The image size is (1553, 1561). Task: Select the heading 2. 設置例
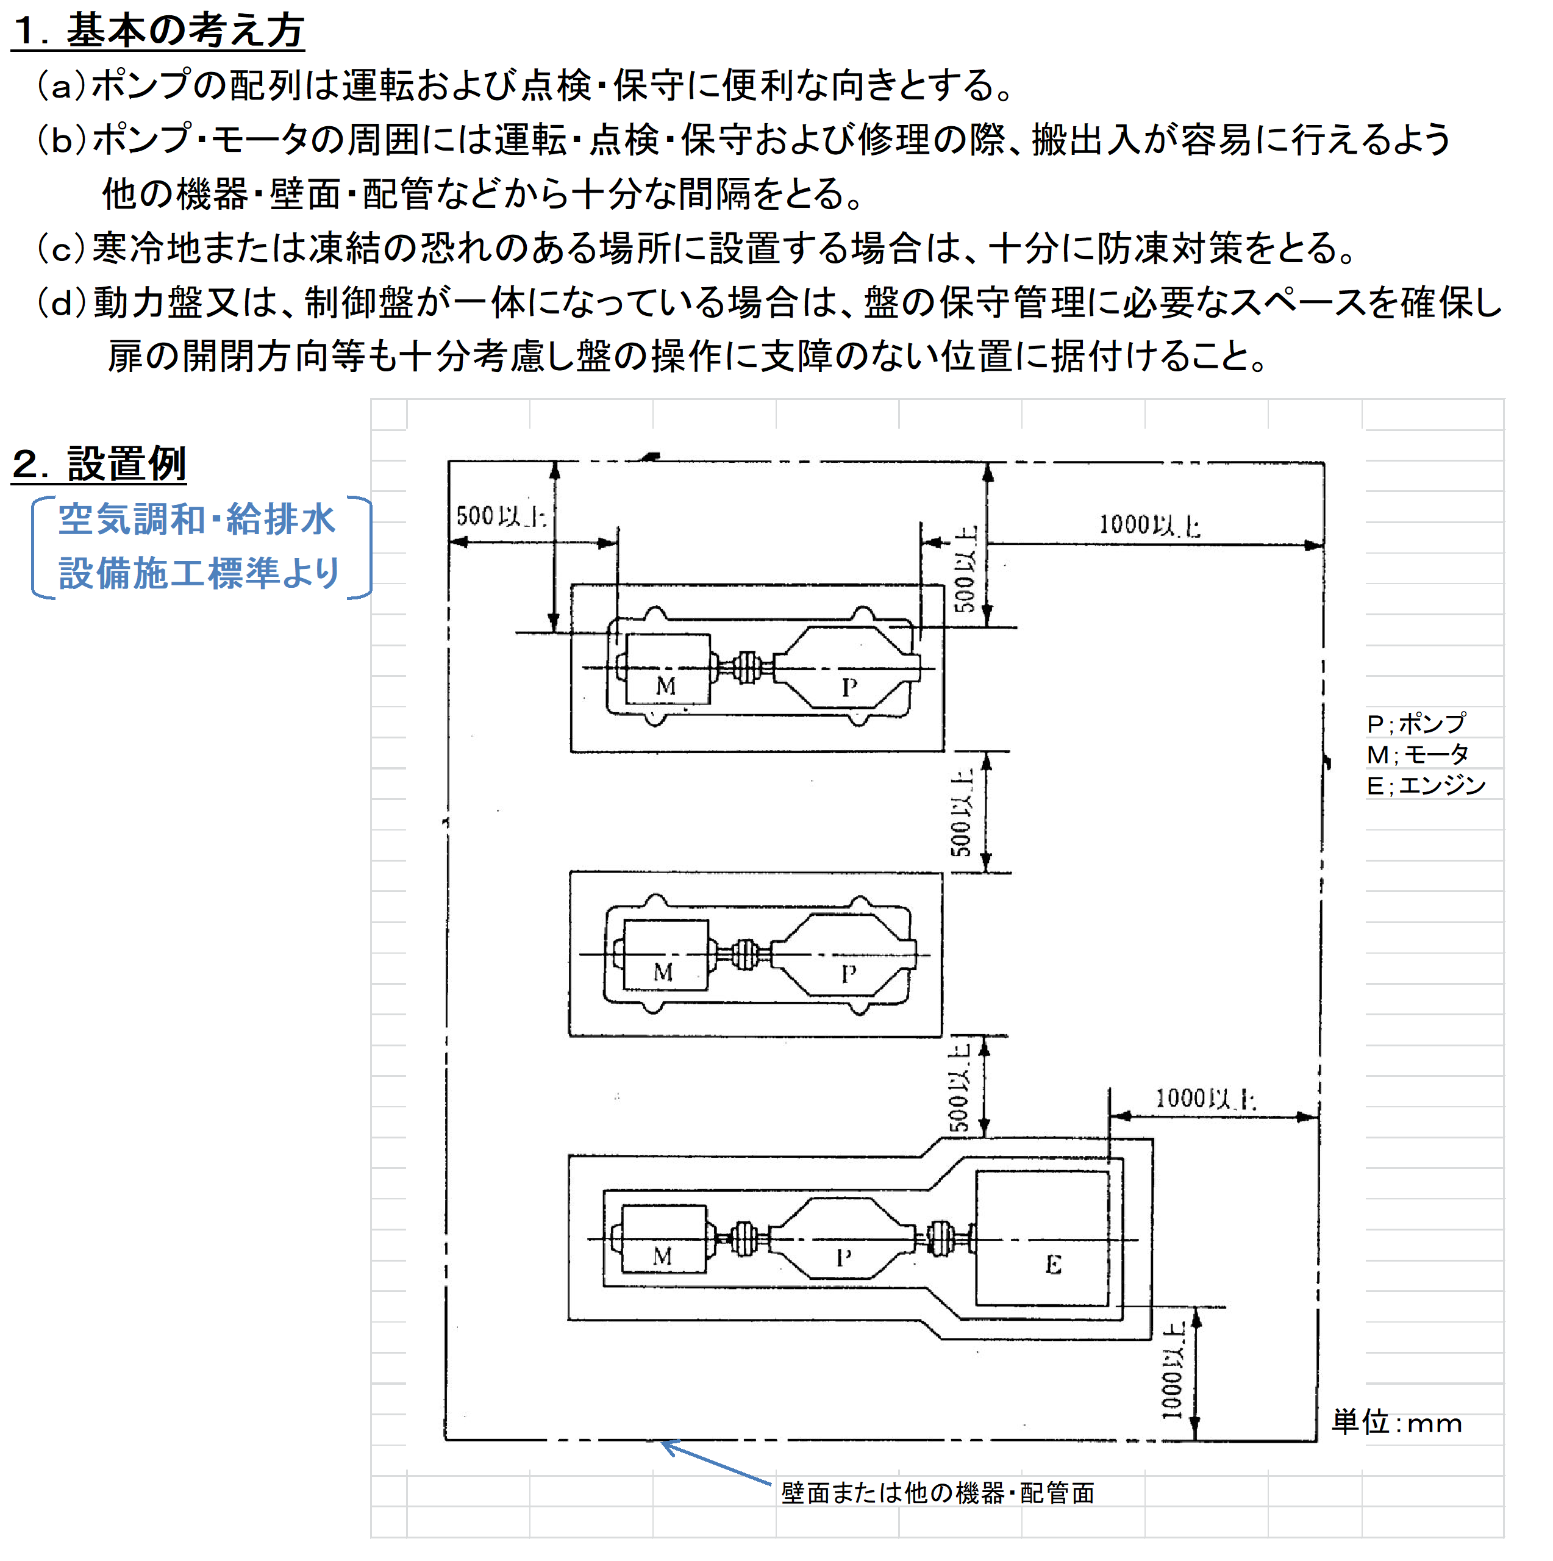(x=99, y=464)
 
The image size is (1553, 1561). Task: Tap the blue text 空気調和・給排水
(x=196, y=519)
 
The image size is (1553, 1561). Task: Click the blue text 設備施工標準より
(x=199, y=573)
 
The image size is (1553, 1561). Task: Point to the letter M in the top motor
(x=665, y=686)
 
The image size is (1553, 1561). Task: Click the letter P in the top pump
(x=848, y=688)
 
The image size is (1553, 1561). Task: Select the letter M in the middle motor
(x=663, y=972)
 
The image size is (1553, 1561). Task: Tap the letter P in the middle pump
(x=848, y=974)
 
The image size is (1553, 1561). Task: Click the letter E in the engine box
(x=1053, y=1265)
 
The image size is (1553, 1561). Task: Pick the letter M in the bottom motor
(x=662, y=1256)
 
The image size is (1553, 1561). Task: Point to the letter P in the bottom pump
(x=843, y=1257)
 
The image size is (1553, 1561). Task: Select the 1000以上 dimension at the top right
(x=1149, y=525)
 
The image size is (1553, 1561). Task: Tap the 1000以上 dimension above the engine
(x=1205, y=1098)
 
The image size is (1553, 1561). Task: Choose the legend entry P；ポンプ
(x=1416, y=723)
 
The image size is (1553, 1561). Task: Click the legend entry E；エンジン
(x=1426, y=785)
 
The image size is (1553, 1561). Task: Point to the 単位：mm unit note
(x=1397, y=1422)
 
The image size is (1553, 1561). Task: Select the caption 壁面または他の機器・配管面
(x=937, y=1492)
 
